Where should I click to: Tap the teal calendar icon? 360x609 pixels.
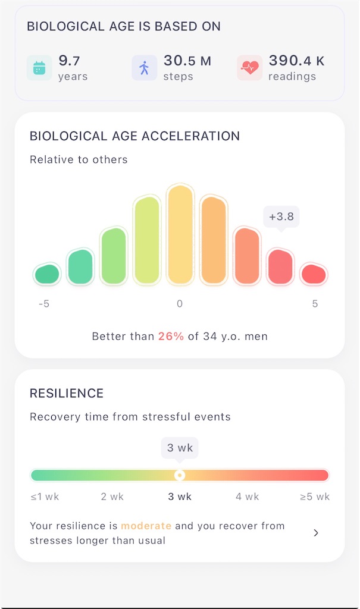[39, 68]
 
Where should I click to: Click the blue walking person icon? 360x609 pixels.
[144, 68]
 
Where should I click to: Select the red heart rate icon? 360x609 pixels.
[249, 68]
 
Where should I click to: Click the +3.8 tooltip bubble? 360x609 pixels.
[281, 216]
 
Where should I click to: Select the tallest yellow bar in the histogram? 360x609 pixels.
[180, 234]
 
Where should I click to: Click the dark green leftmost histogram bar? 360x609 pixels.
[47, 274]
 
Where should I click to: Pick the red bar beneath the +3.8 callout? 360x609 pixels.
[280, 266]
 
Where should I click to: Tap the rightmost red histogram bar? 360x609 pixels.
[314, 274]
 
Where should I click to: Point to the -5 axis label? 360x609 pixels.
[44, 304]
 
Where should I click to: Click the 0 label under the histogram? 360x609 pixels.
[180, 304]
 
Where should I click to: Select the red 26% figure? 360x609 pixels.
[171, 337]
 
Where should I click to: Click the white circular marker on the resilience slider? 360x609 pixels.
[180, 475]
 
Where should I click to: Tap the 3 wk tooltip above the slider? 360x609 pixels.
[180, 448]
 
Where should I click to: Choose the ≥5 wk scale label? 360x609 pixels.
[315, 497]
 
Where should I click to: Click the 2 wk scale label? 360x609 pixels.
[112, 497]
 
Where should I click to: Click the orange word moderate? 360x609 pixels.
[146, 526]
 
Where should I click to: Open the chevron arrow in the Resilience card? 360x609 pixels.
[316, 533]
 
